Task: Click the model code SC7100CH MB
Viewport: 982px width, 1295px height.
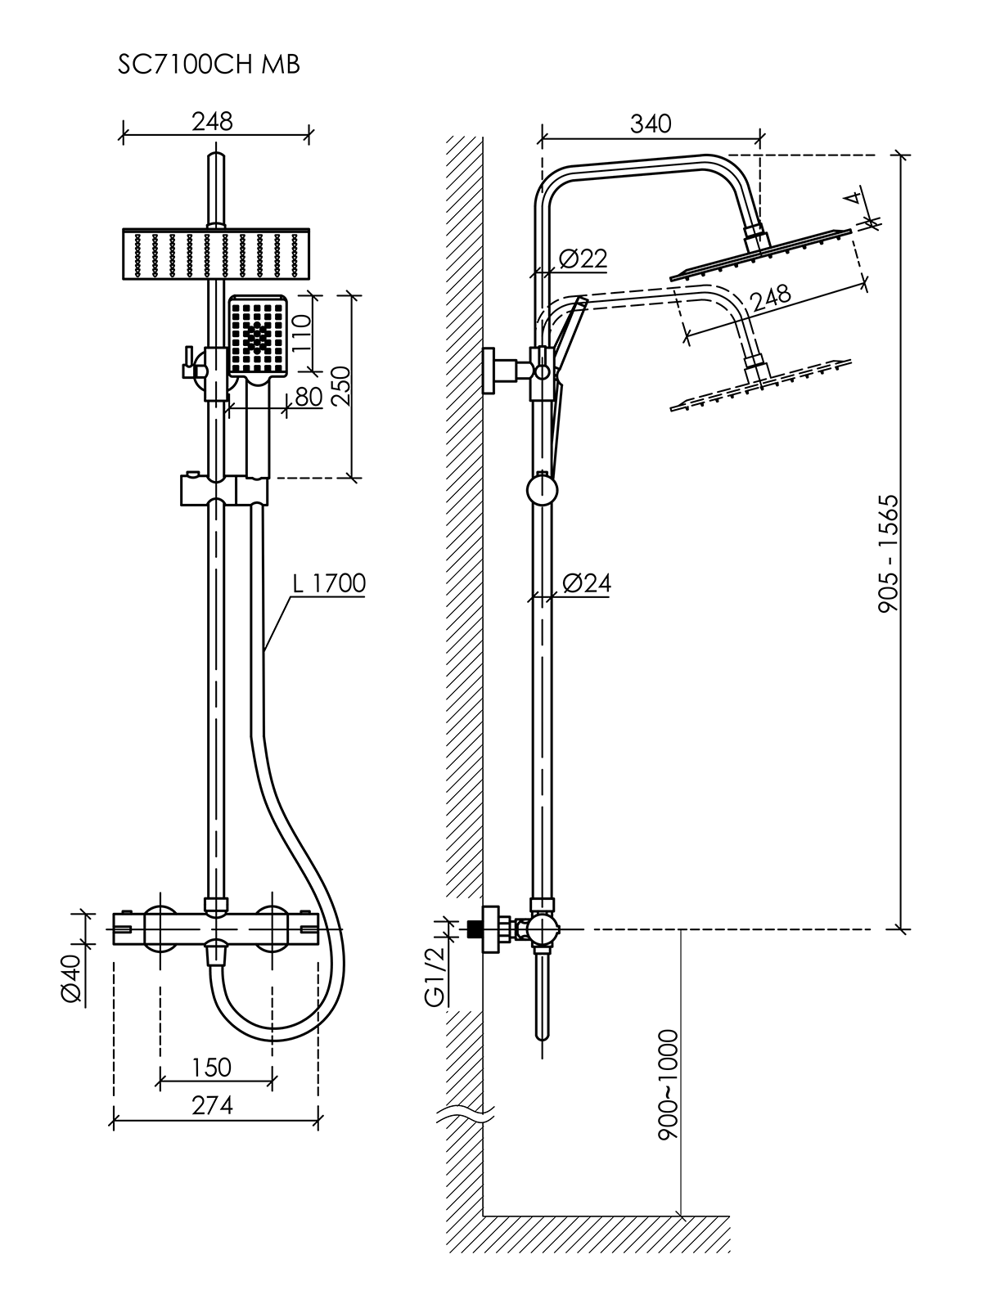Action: [x=209, y=65]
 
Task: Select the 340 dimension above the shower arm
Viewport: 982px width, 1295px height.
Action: [x=651, y=124]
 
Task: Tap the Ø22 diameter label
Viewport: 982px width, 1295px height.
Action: [x=583, y=259]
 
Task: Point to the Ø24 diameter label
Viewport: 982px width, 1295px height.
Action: [x=587, y=583]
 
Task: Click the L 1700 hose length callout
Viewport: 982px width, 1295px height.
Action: [x=329, y=583]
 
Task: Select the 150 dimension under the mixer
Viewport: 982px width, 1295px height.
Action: [x=213, y=1068]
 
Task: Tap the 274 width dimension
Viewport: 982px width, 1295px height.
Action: [x=213, y=1106]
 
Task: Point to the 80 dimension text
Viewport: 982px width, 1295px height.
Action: [x=308, y=397]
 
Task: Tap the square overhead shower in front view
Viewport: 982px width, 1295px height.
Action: [x=216, y=255]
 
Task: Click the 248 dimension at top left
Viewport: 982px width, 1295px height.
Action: [x=213, y=122]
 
